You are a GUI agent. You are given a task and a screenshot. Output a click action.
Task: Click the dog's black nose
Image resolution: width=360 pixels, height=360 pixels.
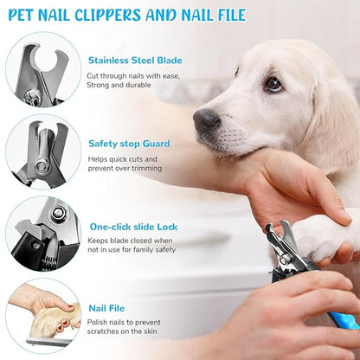pyautogui.click(x=206, y=119)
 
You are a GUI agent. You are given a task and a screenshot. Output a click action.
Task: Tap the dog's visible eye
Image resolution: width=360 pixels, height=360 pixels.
pyautogui.click(x=273, y=84)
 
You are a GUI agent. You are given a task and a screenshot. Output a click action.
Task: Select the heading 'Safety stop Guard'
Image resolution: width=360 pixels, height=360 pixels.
pyautogui.click(x=129, y=144)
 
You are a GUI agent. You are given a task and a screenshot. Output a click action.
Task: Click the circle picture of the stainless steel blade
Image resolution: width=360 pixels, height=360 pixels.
pyautogui.click(x=42, y=69)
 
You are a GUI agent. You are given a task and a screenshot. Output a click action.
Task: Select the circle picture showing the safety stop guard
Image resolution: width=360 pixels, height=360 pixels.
pyautogui.click(x=42, y=152)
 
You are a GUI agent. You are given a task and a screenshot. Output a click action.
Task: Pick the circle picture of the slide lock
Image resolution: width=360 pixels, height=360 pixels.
pyautogui.click(x=42, y=235)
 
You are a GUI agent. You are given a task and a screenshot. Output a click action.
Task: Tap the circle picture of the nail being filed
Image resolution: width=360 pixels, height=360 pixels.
pyautogui.click(x=42, y=316)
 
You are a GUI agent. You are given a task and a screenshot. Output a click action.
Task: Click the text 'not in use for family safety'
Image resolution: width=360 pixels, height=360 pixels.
pyautogui.click(x=130, y=251)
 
